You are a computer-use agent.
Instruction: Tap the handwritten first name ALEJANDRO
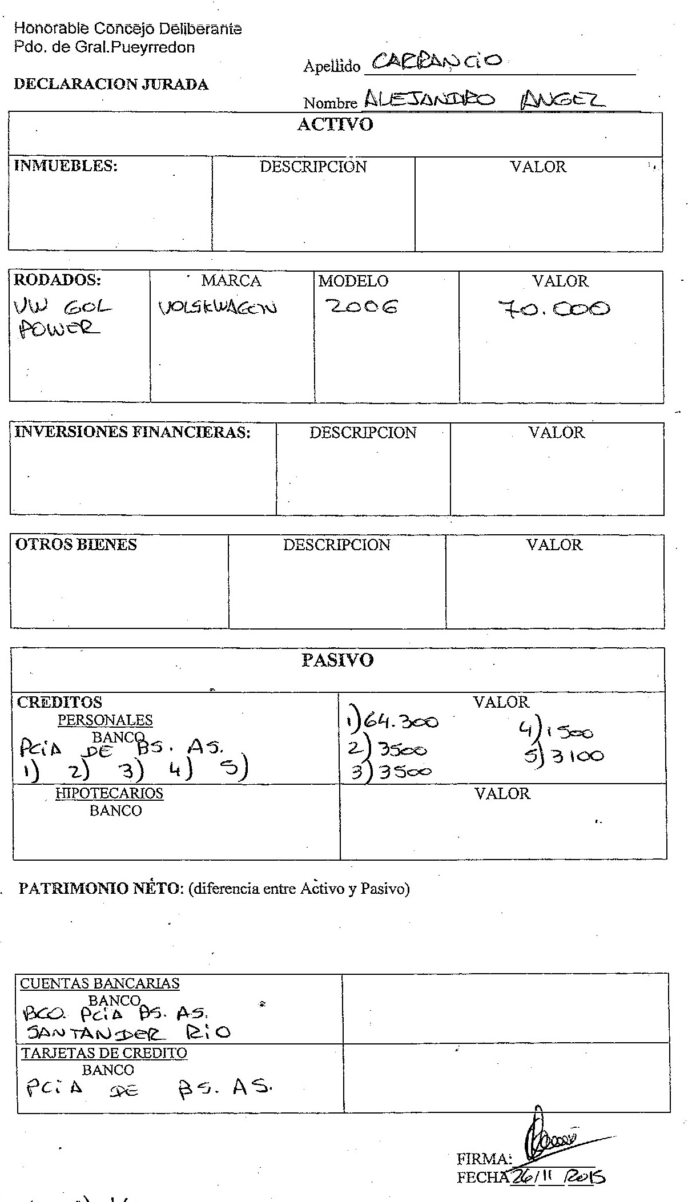point(429,101)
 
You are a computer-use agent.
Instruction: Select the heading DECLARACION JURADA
point(111,84)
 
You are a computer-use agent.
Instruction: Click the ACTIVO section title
point(335,125)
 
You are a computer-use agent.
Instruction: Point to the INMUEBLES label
point(65,166)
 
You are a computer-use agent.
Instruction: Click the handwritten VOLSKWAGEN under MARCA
point(218,309)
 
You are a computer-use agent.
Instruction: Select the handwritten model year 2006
point(361,308)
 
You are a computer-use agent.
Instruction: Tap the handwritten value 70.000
point(553,309)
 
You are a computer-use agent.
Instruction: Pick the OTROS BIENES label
point(76,544)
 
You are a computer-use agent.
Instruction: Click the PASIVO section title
point(337,660)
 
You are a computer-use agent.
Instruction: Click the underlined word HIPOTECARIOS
point(109,793)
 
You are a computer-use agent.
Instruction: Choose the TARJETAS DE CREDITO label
point(104,1053)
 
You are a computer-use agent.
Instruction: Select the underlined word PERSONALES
point(106,720)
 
